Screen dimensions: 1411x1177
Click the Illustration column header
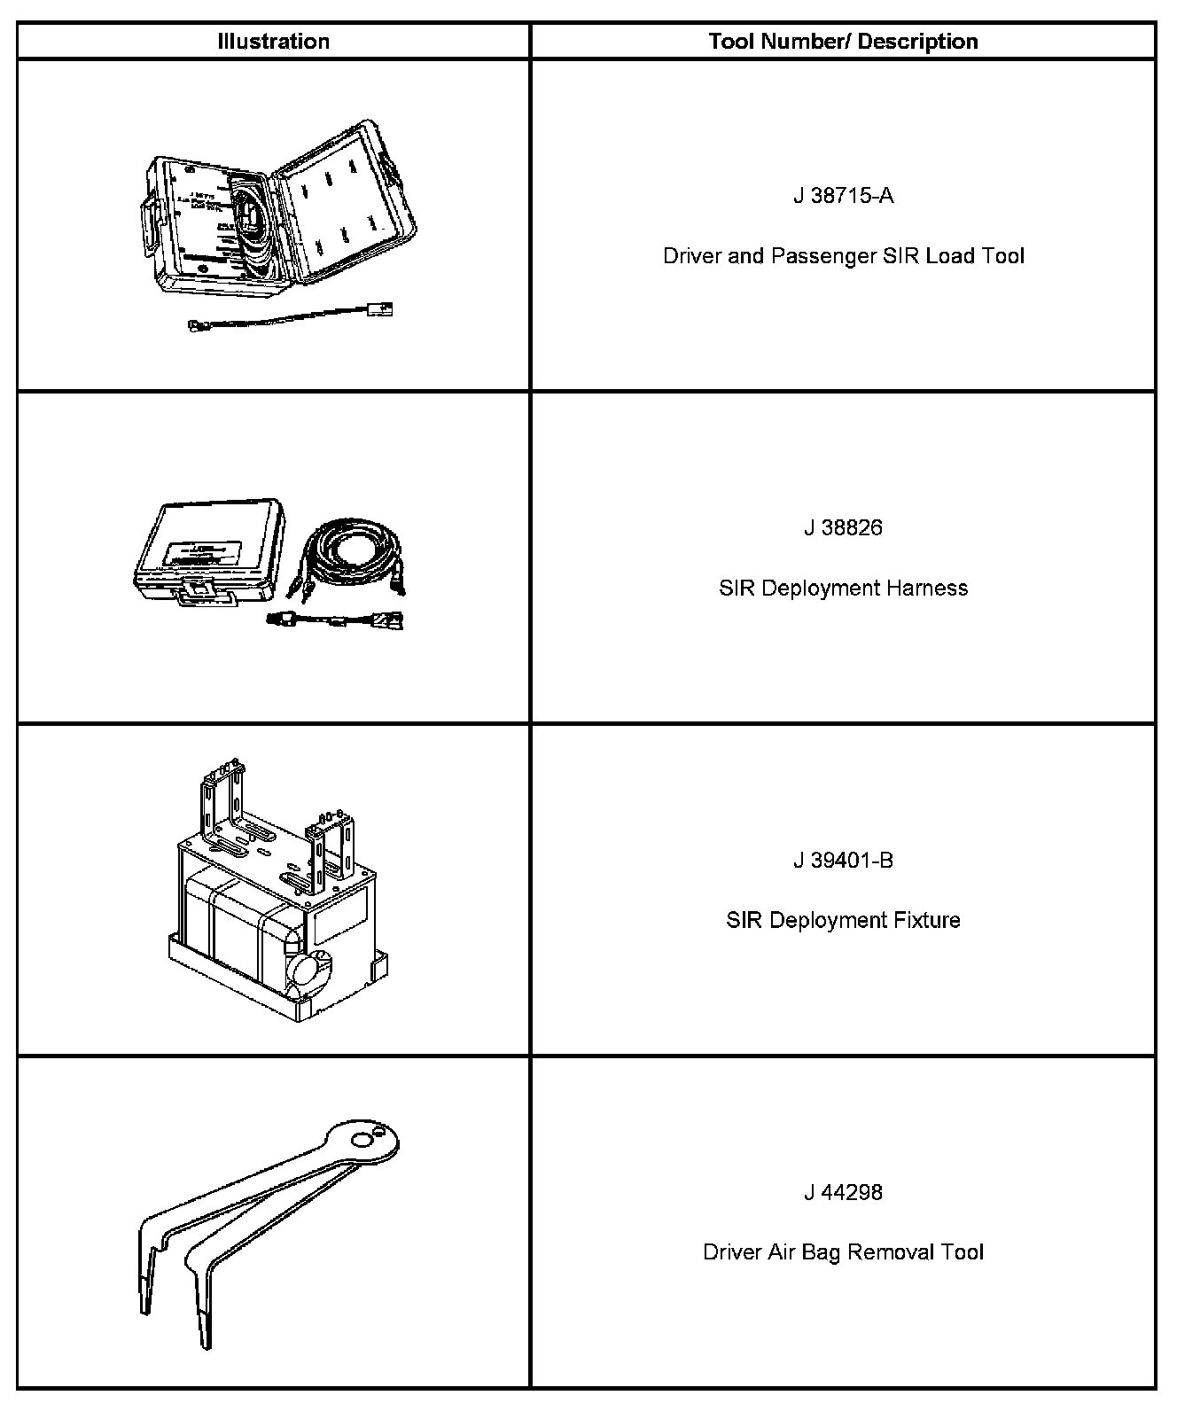pyautogui.click(x=273, y=42)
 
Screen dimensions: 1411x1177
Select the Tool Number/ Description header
pyautogui.click(x=843, y=42)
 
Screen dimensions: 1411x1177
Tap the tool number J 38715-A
pyautogui.click(x=843, y=196)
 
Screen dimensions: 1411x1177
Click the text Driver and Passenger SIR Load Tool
pyautogui.click(x=843, y=256)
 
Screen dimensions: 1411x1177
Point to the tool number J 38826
pyautogui.click(x=843, y=528)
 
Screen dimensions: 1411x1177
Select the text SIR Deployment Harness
pyautogui.click(x=843, y=589)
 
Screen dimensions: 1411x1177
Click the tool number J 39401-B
pyautogui.click(x=843, y=861)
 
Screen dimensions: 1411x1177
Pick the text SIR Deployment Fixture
pyautogui.click(x=843, y=921)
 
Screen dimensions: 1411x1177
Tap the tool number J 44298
pyautogui.click(x=843, y=1193)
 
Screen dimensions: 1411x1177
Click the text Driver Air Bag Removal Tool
pyautogui.click(x=843, y=1252)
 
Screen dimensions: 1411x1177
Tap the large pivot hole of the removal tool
pyautogui.click(x=361, y=1140)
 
